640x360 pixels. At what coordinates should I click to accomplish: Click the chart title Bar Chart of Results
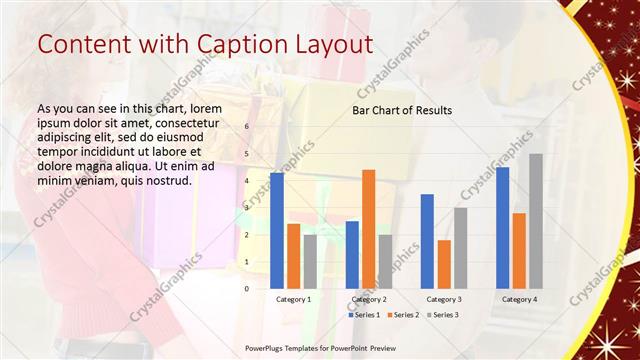[x=401, y=110]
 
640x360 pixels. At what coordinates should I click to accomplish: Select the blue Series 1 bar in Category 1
[x=277, y=230]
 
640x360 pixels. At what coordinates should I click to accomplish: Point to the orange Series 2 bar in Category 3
[x=444, y=263]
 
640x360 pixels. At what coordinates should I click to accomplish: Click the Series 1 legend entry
[x=364, y=315]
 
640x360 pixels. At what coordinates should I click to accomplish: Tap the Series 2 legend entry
[x=402, y=315]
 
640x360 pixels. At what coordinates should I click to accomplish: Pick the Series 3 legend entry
[x=441, y=315]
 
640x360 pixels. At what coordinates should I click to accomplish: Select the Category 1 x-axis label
[x=294, y=299]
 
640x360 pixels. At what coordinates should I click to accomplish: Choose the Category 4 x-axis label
[x=519, y=299]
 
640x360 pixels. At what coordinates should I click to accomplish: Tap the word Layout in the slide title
[x=326, y=45]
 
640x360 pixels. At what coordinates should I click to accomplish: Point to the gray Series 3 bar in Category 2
[x=385, y=261]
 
